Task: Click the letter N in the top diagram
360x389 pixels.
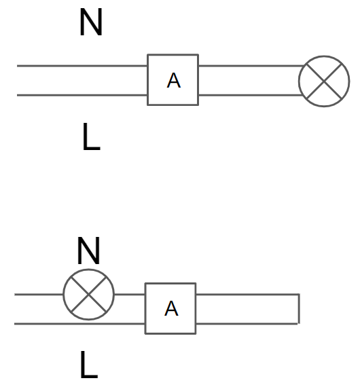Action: [x=91, y=22]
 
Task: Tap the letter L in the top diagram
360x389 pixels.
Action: [x=91, y=136]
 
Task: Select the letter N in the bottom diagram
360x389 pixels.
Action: [x=88, y=251]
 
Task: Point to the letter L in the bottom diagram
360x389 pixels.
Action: [x=89, y=365]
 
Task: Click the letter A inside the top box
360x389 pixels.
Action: [x=173, y=80]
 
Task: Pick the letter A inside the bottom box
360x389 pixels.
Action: [x=171, y=308]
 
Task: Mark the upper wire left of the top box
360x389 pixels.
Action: [x=82, y=66]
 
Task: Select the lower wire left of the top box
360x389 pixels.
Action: [x=82, y=95]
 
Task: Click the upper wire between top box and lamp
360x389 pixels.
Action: [x=251, y=66]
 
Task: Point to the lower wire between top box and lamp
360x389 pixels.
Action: [x=251, y=95]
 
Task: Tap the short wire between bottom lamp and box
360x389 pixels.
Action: [x=130, y=295]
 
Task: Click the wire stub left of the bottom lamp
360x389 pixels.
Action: [x=39, y=295]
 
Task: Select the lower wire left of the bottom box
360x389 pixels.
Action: [x=79, y=324]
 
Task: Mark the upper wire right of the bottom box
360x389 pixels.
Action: [x=247, y=295]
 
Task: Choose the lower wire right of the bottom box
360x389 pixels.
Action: [x=247, y=324]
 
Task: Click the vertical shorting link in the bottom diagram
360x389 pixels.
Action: [x=299, y=309]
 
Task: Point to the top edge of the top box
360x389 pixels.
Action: [x=173, y=54]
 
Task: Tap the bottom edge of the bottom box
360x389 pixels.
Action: [x=170, y=333]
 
